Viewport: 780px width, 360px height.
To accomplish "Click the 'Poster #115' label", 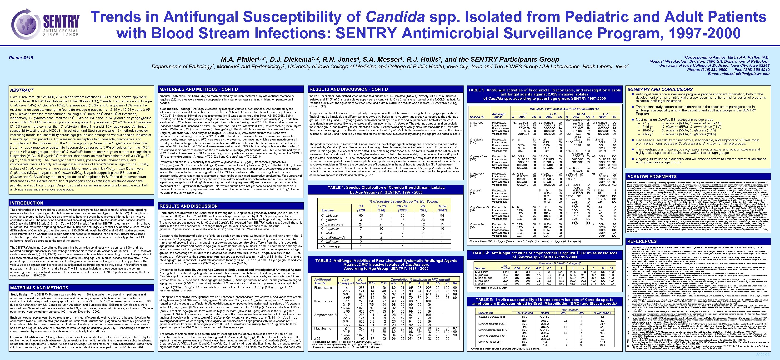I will [x=20, y=58].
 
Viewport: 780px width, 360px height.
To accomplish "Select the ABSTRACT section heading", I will [x=22, y=90].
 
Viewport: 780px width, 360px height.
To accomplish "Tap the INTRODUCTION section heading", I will [x=27, y=203].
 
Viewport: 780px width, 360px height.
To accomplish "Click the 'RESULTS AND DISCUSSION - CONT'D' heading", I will [x=348, y=89].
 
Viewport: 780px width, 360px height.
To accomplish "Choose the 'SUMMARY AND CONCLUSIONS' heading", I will [x=660, y=89].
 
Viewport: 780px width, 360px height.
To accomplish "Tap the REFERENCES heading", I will [x=642, y=241].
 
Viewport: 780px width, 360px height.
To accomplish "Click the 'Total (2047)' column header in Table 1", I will [x=442, y=208].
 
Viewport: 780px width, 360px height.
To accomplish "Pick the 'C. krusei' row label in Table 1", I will [x=328, y=233].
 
